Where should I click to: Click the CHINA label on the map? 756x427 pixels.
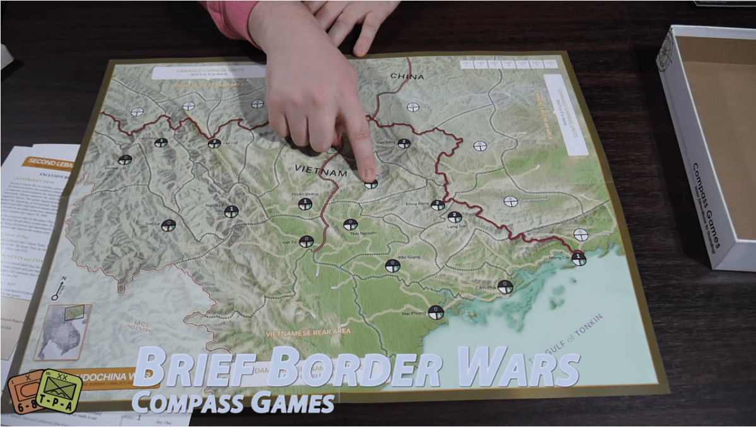coord(407,77)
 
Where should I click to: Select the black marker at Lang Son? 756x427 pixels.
coord(455,218)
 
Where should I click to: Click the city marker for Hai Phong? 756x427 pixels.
coord(436,312)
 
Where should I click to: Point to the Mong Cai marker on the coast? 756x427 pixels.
coord(579,259)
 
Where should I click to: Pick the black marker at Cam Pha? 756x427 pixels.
coord(505,287)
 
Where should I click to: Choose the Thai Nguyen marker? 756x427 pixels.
coord(351,225)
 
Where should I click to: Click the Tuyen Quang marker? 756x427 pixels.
coord(305,204)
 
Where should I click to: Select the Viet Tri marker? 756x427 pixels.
coord(306,241)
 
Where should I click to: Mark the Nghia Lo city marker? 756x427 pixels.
coord(231,211)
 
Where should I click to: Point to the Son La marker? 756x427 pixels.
coord(168,225)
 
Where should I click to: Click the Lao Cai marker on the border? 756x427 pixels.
coord(214,143)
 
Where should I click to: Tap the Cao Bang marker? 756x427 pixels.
coord(404,143)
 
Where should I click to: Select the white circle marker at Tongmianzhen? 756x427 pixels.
coord(511,202)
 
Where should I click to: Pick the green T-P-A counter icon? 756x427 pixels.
coord(59,390)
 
